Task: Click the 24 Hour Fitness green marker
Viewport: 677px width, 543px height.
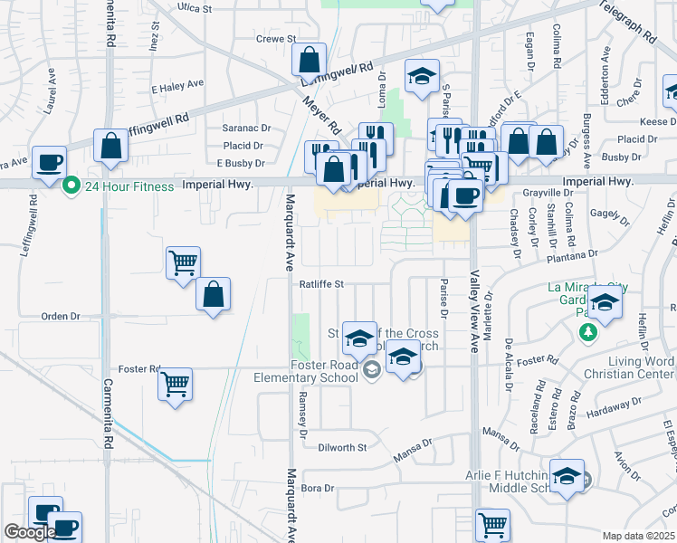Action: [71, 186]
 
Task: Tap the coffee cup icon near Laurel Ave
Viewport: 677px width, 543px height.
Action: [50, 163]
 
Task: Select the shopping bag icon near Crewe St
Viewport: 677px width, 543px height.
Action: [310, 61]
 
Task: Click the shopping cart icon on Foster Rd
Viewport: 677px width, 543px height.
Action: [176, 384]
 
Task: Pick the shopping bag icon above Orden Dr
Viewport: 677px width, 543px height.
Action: [213, 295]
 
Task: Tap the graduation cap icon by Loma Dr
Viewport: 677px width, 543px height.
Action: [421, 77]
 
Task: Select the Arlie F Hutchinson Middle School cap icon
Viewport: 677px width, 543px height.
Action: [567, 477]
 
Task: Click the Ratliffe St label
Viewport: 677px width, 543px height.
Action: [322, 283]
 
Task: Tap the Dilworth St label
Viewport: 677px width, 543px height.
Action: [342, 447]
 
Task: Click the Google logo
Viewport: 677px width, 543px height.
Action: [29, 533]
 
